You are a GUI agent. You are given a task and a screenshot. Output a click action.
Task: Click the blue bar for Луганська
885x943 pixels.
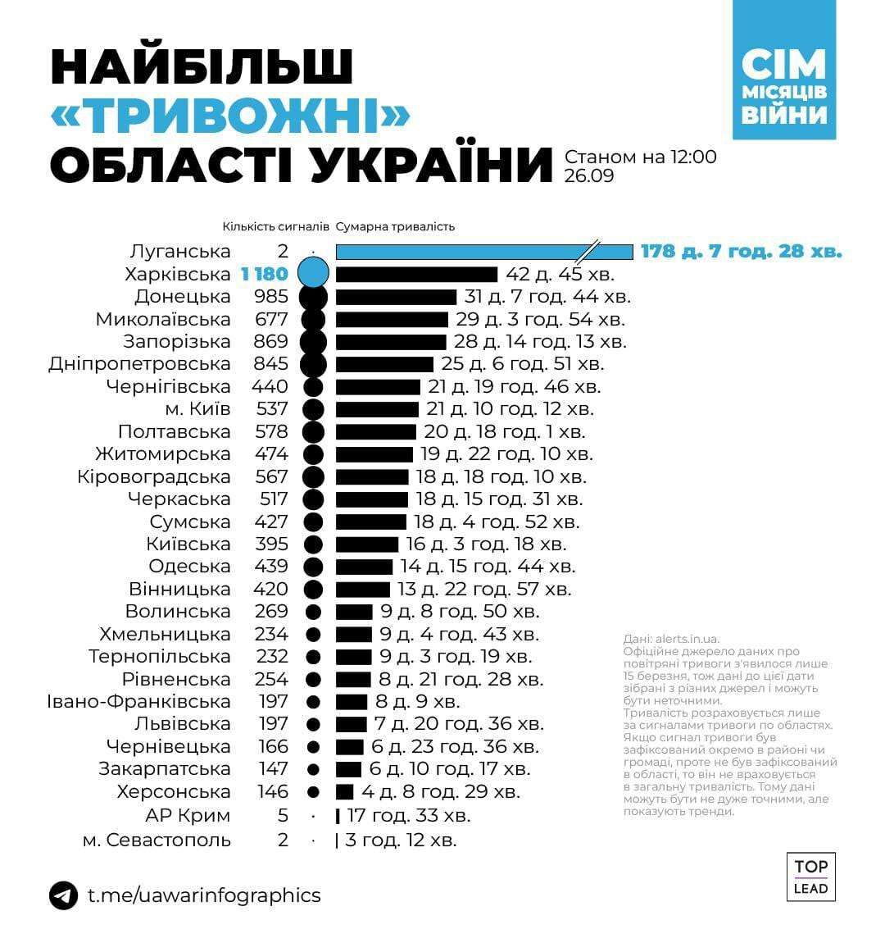[483, 252]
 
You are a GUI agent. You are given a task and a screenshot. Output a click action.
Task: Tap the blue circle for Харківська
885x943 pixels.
[313, 273]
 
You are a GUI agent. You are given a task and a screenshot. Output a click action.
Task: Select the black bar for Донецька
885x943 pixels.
[396, 297]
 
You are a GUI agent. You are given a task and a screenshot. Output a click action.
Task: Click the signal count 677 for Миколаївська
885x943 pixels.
[271, 319]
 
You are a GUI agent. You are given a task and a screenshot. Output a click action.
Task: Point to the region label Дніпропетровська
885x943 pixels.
[139, 363]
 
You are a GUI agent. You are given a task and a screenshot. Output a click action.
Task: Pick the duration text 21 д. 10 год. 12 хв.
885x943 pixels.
[510, 408]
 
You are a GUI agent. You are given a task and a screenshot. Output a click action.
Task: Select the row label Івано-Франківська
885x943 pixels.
[138, 702]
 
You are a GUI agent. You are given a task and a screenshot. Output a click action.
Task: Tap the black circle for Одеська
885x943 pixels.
[313, 567]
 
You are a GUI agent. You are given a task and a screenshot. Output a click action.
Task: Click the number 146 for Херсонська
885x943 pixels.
[271, 792]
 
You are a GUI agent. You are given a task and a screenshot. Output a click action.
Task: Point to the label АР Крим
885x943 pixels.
[188, 816]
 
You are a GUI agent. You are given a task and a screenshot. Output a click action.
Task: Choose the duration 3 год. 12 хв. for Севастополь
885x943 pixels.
[401, 840]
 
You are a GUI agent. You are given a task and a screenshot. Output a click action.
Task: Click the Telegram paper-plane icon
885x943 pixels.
[63, 895]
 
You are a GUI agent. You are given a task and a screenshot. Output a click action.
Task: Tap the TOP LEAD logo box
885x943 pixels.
[810, 877]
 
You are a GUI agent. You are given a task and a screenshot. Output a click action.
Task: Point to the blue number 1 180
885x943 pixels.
[265, 274]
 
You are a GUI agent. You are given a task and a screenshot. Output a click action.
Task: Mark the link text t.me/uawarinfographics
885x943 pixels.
[204, 895]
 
